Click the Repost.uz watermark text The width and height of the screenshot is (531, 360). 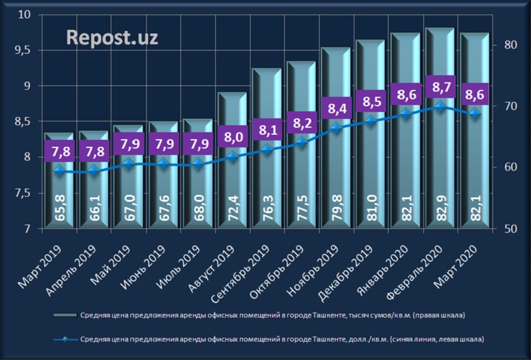(112, 37)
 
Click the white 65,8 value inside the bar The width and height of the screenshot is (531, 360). (59, 207)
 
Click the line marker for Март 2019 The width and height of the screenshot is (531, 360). (59, 171)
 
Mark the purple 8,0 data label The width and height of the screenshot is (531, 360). (233, 138)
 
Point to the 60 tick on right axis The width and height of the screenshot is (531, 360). (509, 168)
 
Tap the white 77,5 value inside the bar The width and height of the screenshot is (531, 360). (301, 207)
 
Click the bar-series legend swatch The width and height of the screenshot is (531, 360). (64, 316)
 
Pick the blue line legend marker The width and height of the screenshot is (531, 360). (64, 338)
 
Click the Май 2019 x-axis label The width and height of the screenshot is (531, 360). (118, 263)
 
